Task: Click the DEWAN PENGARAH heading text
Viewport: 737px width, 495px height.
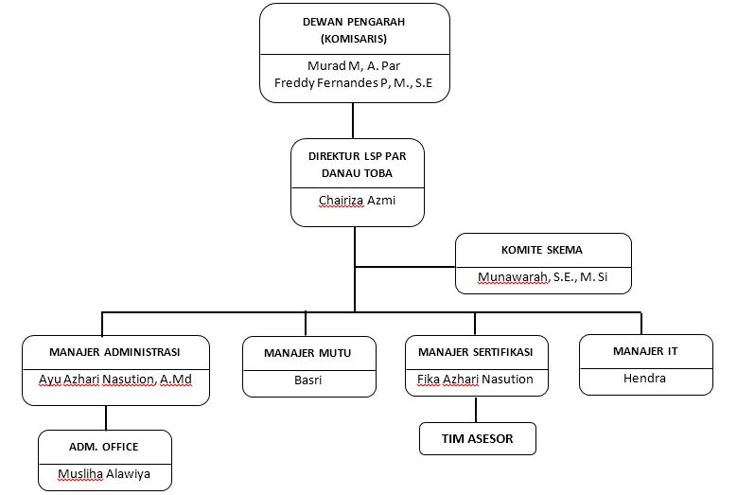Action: pos(354,22)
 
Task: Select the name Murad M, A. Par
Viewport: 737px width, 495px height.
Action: pos(354,66)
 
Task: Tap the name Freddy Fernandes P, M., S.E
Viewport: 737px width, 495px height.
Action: pos(354,83)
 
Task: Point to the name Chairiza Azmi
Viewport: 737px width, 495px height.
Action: pos(358,201)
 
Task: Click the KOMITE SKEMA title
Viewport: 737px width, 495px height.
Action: pos(542,250)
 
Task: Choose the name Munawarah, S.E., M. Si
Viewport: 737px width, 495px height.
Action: pos(543,277)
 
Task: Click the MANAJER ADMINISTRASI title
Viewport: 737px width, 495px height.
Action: pos(114,352)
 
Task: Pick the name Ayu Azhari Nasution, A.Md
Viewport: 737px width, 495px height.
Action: pos(115,380)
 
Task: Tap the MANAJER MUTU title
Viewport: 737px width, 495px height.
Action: pos(307,353)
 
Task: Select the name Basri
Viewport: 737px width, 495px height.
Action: pos(307,380)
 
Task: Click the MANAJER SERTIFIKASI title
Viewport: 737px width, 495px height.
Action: pos(476,352)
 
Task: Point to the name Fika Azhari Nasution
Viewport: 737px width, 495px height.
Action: pos(475,380)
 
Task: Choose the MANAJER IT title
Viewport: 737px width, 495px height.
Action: pos(645,351)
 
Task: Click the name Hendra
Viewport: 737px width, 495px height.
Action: pos(645,379)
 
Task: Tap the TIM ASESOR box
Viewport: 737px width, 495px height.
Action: pos(478,438)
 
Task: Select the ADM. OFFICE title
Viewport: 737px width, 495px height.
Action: pos(104,447)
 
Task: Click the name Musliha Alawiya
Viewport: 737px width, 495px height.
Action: pos(104,474)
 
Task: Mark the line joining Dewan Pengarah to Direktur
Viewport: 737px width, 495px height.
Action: pos(353,121)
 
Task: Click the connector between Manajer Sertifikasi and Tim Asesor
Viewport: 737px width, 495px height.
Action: pos(476,410)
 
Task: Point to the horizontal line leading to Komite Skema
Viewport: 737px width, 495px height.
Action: pos(405,267)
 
